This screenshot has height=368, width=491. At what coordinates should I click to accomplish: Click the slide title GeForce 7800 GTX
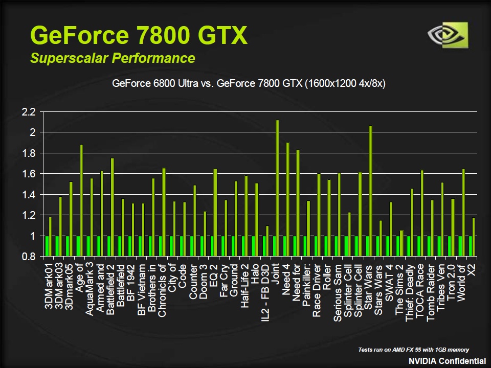pyautogui.click(x=139, y=35)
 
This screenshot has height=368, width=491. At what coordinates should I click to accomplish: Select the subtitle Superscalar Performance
pyautogui.click(x=113, y=58)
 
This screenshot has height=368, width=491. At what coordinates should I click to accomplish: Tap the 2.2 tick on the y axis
pyautogui.click(x=29, y=112)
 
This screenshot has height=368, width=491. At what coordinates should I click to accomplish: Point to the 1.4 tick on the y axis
pyautogui.click(x=29, y=195)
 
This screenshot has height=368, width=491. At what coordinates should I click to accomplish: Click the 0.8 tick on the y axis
pyautogui.click(x=29, y=257)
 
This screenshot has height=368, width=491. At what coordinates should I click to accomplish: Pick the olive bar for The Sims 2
pyautogui.click(x=401, y=243)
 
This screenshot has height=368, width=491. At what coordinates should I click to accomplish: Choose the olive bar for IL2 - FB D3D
pyautogui.click(x=267, y=241)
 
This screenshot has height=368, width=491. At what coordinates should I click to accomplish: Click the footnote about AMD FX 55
pyautogui.click(x=413, y=350)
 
